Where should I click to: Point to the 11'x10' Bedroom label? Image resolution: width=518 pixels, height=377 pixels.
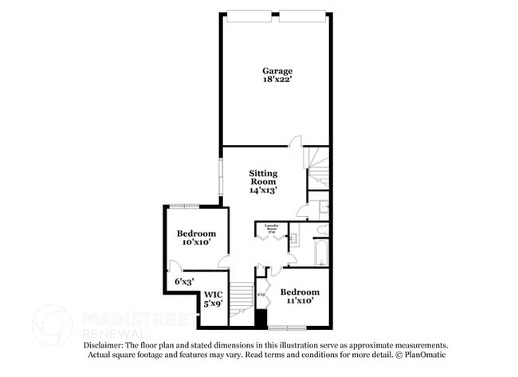pos(300,292)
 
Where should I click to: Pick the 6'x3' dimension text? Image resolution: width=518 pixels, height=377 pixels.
pos(184,281)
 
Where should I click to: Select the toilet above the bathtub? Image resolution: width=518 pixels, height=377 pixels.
pos(321,231)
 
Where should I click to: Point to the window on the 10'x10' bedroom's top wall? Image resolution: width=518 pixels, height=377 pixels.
pos(185,206)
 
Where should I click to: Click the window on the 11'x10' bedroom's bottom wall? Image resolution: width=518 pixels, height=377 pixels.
pos(287,327)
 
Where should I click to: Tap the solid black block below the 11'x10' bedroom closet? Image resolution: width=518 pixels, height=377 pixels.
pos(260,316)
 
